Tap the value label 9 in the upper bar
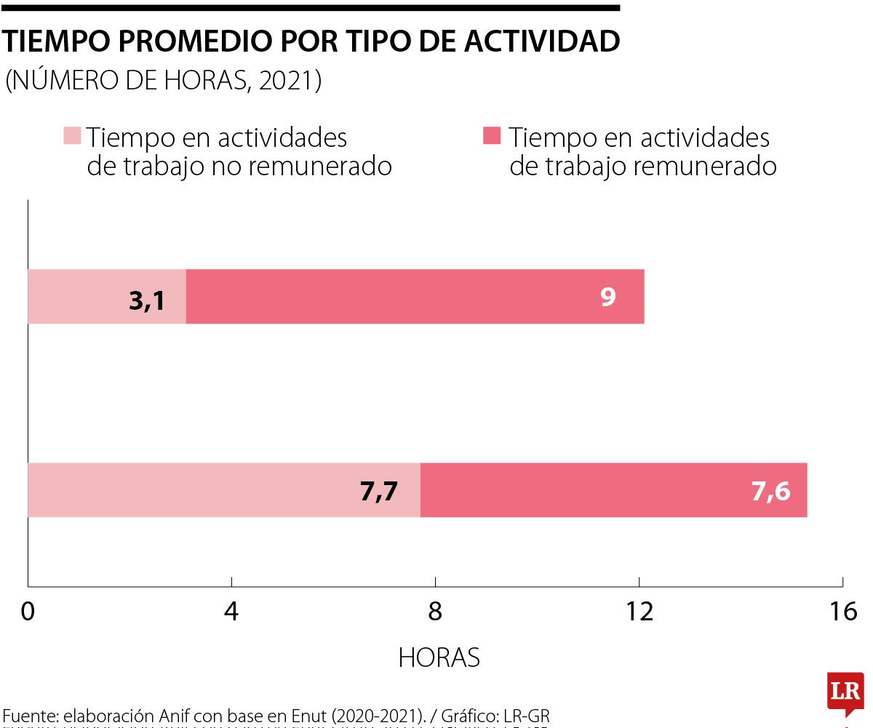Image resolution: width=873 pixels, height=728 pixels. pyautogui.click(x=608, y=297)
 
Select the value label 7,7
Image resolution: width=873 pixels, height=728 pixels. pyautogui.click(x=378, y=492)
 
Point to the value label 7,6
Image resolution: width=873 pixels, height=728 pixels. pyautogui.click(x=770, y=492)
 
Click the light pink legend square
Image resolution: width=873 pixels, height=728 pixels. pyautogui.click(x=72, y=136)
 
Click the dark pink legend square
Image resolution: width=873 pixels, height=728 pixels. pyautogui.click(x=493, y=136)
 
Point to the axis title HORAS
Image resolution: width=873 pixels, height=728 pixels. pyautogui.click(x=439, y=657)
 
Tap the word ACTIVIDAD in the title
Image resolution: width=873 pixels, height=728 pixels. pyautogui.click(x=540, y=42)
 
